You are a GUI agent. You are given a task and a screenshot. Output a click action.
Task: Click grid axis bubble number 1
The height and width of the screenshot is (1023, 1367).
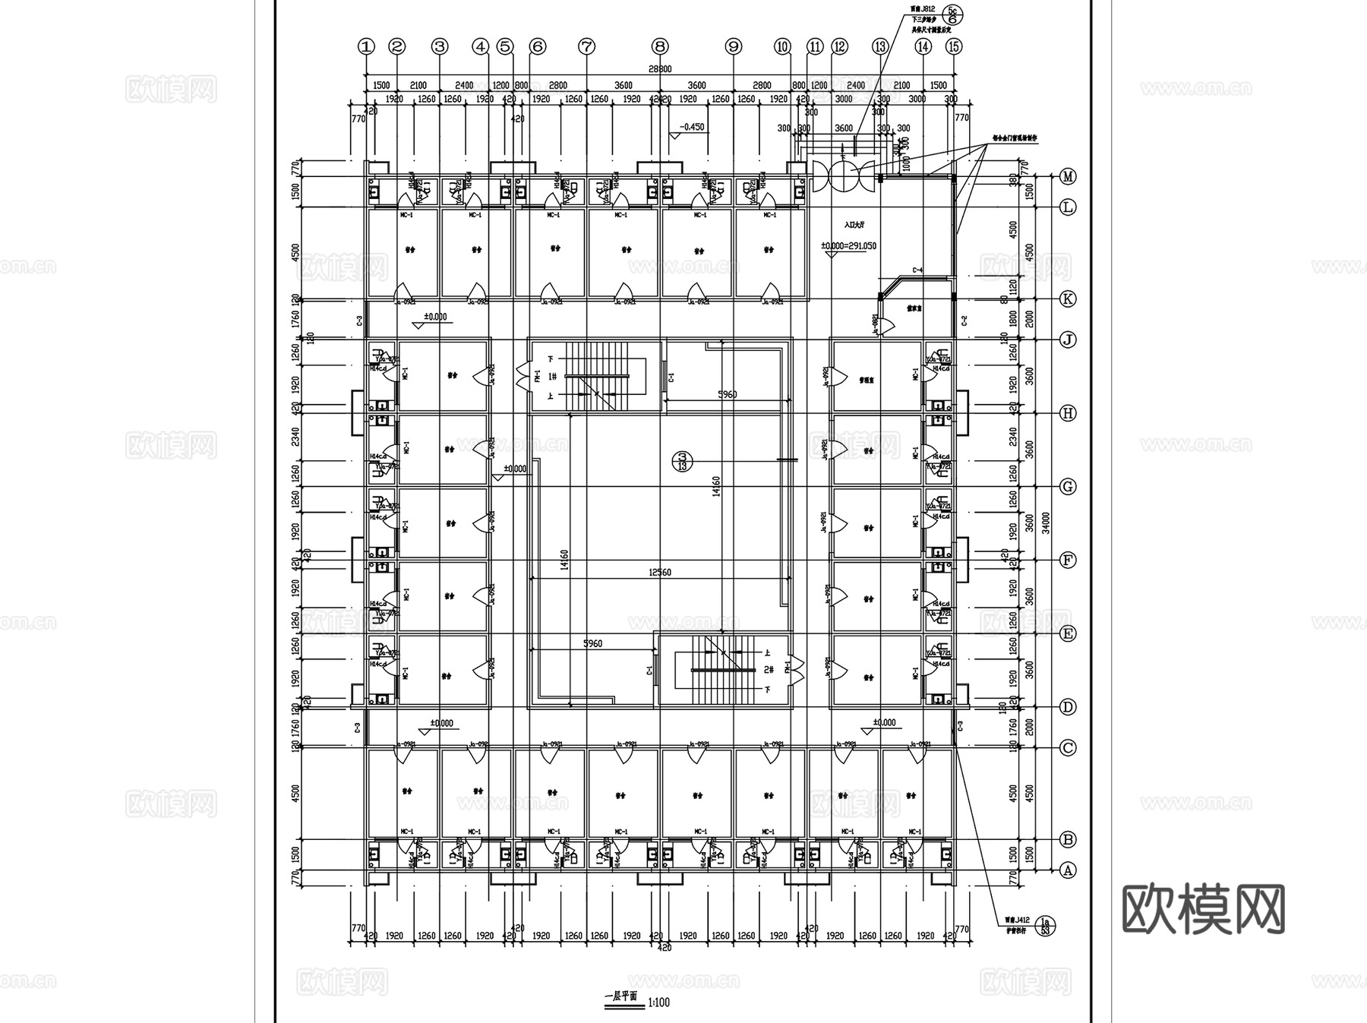367,46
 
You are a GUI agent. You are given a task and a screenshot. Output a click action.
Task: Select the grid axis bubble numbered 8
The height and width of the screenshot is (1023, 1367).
660,46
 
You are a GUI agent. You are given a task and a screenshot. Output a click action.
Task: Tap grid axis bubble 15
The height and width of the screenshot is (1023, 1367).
954,46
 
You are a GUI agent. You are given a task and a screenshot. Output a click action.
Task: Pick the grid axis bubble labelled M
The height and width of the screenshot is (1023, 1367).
1068,177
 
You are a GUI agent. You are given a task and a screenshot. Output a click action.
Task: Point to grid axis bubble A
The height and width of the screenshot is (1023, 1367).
1068,870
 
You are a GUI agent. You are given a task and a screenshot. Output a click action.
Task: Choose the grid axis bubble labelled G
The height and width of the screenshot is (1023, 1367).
1068,487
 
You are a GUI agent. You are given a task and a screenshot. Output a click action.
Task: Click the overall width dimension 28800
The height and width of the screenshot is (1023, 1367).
659,69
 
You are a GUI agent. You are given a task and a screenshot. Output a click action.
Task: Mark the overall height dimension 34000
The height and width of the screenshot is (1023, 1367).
1046,523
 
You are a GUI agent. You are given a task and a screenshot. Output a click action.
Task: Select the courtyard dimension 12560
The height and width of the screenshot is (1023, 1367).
659,572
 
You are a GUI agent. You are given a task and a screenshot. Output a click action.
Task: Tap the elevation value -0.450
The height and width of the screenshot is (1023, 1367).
692,127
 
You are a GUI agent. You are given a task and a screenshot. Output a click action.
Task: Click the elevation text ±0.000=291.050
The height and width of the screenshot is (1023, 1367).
848,246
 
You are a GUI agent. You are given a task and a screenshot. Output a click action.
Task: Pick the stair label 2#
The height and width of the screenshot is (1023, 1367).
768,669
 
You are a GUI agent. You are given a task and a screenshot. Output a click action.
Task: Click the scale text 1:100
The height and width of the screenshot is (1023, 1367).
659,1002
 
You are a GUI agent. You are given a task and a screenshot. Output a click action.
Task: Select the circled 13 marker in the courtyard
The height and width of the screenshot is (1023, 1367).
682,459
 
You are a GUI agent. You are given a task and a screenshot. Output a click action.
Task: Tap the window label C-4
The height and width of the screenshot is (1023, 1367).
917,270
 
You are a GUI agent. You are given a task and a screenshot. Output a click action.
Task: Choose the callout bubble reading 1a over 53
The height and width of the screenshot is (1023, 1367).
1045,925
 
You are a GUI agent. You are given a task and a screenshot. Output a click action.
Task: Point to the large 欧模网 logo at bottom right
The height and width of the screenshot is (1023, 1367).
1203,908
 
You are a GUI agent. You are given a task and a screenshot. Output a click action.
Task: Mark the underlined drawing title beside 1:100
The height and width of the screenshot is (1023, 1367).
621,996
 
